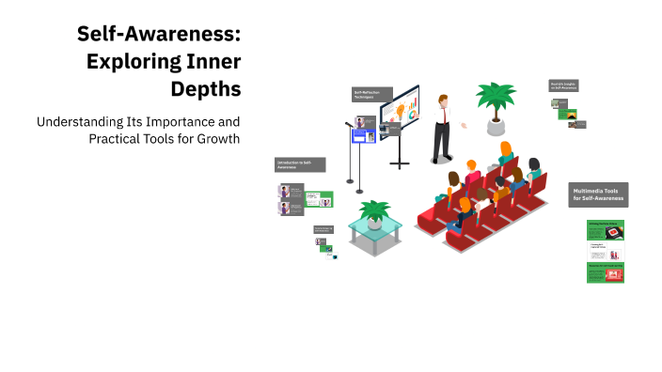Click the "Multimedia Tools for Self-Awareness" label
(x=598, y=194)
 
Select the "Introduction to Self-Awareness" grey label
(x=299, y=164)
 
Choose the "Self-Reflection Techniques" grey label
(x=366, y=94)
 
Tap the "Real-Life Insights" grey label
(x=564, y=86)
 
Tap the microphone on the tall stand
(x=348, y=124)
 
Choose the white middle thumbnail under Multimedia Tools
(x=605, y=251)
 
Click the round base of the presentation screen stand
(x=401, y=165)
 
